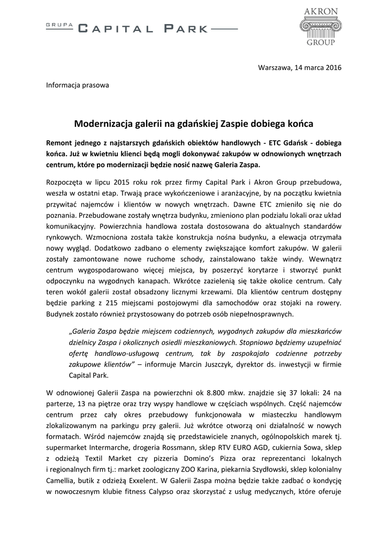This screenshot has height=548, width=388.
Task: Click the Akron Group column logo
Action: point(321,27)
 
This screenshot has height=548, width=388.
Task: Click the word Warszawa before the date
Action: point(275,67)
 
